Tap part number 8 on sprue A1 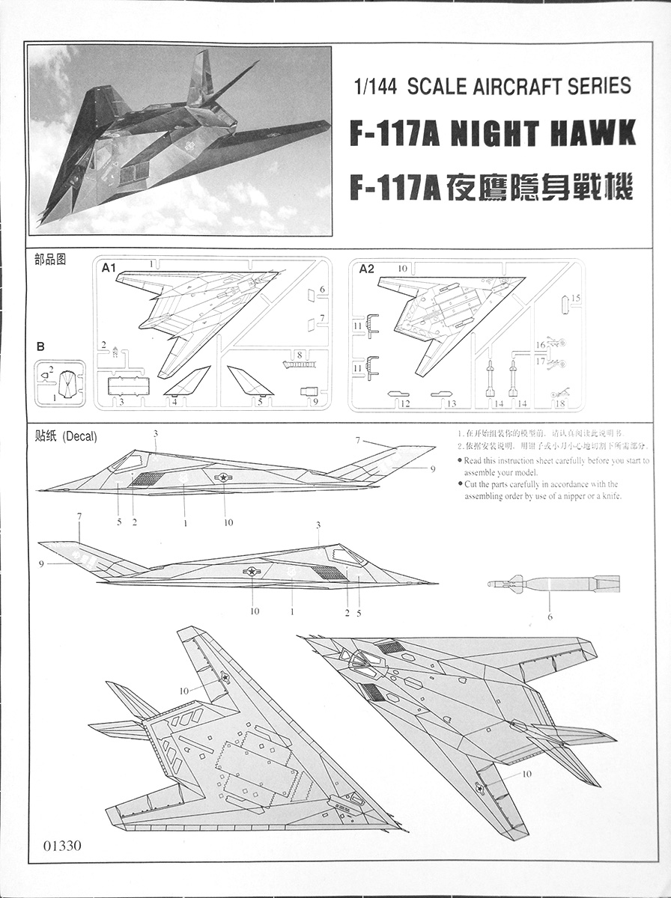298,354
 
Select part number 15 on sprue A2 575,298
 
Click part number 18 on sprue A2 560,404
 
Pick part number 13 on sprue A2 451,404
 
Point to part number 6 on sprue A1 322,289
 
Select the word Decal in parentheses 79,436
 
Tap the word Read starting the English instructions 473,461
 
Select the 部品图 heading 50,260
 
